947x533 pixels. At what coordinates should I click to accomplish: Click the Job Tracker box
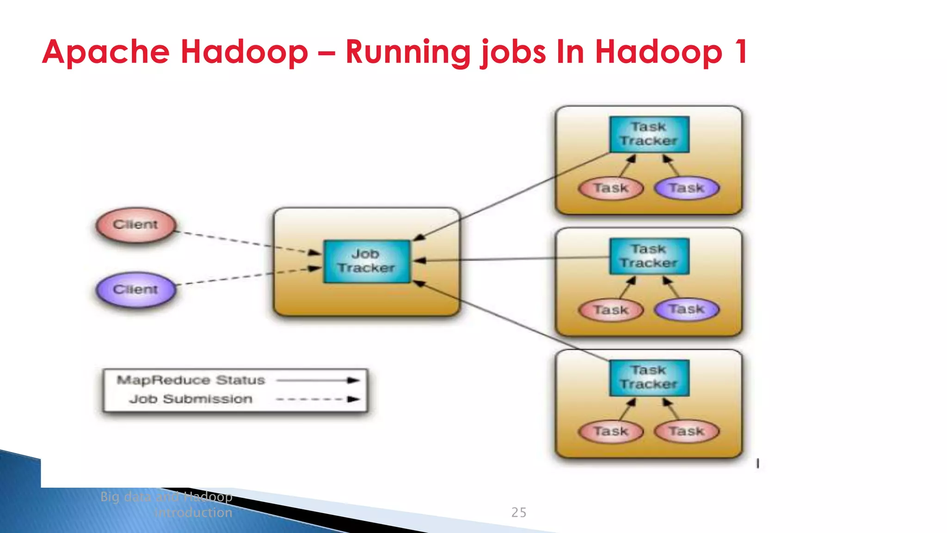(x=367, y=261)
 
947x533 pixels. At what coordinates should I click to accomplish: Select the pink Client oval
(x=135, y=225)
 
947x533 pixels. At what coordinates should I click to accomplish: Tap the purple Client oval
(x=135, y=290)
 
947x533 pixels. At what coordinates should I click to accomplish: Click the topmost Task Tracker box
(x=649, y=134)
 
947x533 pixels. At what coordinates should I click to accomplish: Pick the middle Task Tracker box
(x=649, y=256)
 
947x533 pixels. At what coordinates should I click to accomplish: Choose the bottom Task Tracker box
(x=649, y=378)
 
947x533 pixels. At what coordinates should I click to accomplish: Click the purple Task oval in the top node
(x=687, y=188)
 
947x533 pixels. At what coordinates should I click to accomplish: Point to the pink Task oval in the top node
(x=611, y=188)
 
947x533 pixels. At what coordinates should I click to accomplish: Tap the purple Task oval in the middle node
(x=687, y=310)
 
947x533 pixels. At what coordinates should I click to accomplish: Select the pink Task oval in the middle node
(x=611, y=310)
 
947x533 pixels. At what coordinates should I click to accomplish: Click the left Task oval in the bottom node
(x=611, y=432)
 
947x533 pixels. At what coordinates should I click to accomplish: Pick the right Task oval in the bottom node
(x=687, y=432)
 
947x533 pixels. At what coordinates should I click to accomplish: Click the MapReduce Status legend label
(x=191, y=380)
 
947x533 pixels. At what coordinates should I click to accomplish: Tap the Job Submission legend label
(x=191, y=399)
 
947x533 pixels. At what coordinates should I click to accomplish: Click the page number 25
(x=519, y=513)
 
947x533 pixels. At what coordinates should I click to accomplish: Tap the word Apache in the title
(x=106, y=52)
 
